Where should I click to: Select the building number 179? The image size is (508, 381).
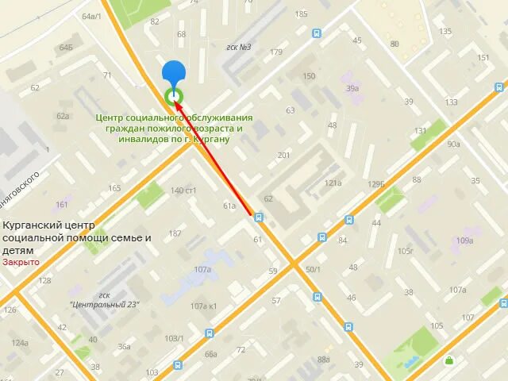pos(276,52)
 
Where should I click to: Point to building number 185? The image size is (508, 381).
pos(301,14)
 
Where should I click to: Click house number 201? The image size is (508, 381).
pos(284,155)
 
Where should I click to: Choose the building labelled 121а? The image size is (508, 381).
pos(333,183)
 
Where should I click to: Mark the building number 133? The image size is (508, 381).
pos(452,102)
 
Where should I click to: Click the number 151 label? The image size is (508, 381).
pos(484,58)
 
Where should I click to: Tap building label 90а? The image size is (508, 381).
pos(453,144)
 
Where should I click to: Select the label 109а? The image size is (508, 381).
pos(464,241)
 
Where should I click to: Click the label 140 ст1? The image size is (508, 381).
pos(183,190)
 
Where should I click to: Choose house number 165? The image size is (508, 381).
pos(115,188)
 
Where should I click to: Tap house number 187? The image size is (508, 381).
pos(175,233)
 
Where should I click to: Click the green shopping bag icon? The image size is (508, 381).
pos(449,360)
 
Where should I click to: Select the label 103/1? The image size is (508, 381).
pos(173,339)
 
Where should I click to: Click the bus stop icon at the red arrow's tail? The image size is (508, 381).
pos(259,215)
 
